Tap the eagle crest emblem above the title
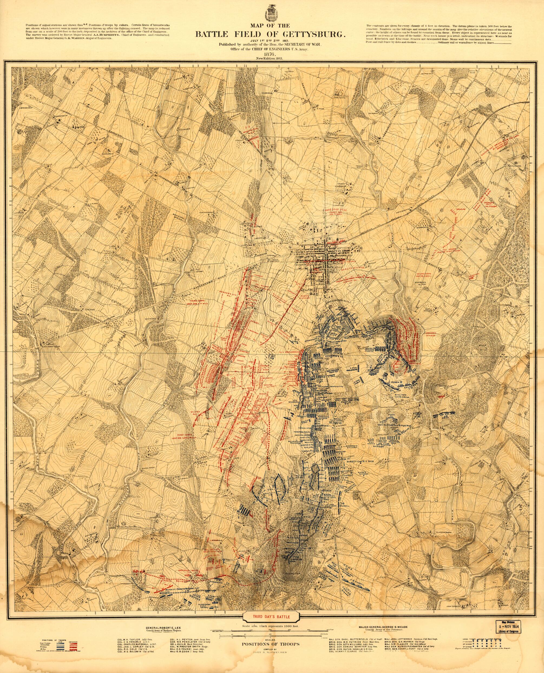[272, 13]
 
